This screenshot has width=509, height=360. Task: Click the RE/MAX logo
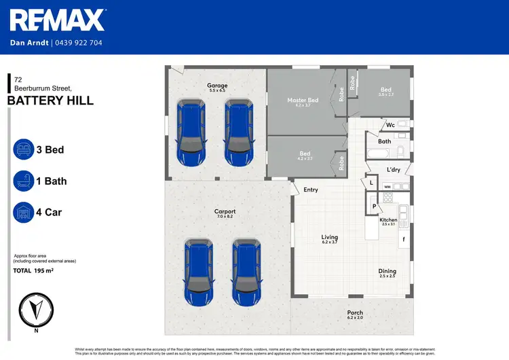point(58,20)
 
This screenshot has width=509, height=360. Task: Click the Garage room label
point(217,86)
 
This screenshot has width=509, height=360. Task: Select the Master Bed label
point(303,100)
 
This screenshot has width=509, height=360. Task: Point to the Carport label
point(225,211)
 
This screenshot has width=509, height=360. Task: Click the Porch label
point(355,313)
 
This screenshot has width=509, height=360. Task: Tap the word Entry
point(311,190)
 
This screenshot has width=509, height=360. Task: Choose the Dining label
point(387,272)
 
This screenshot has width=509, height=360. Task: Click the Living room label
point(330,237)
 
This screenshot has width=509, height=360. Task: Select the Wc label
point(390,125)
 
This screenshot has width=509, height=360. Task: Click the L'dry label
point(393,170)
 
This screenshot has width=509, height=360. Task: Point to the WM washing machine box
point(387,186)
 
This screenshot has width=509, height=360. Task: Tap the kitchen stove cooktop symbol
point(388,198)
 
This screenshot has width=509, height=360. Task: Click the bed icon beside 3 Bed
point(24,149)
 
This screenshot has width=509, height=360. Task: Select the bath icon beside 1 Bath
point(24,181)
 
